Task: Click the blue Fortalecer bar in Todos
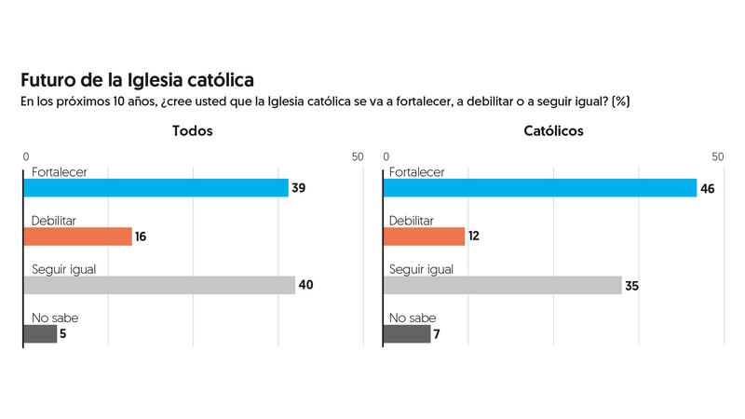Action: tap(156, 188)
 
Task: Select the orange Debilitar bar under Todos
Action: tap(78, 237)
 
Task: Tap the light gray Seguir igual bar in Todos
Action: tap(158, 285)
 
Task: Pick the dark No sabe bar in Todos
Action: tap(40, 333)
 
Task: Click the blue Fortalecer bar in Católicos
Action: tap(540, 188)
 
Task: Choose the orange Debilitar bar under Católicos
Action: tap(424, 237)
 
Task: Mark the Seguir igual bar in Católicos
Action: tap(503, 285)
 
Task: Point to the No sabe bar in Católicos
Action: tap(408, 333)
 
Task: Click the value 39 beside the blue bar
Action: tap(299, 188)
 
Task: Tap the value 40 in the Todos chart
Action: tap(305, 285)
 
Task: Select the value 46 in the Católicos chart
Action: tap(708, 188)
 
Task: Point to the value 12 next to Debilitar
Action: tap(474, 237)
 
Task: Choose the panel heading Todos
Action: tap(193, 131)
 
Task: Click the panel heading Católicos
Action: tap(553, 131)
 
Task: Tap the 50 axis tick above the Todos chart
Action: tap(358, 156)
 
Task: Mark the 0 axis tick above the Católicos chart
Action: tap(386, 156)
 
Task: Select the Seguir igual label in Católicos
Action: tap(421, 269)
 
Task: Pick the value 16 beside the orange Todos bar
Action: tap(141, 237)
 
